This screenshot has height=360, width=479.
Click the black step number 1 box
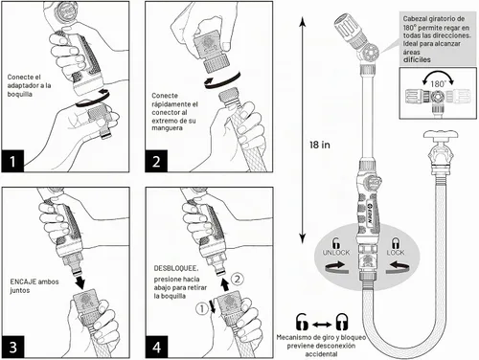[12, 161]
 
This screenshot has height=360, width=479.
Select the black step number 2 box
[156, 161]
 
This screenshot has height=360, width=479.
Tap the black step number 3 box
[13, 347]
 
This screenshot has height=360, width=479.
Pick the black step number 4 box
[156, 347]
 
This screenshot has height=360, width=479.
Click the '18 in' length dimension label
[320, 145]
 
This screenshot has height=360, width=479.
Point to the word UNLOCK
[336, 253]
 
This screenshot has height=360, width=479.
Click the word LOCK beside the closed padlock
[396, 253]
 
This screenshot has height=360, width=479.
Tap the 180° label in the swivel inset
[438, 84]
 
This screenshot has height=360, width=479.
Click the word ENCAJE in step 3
[23, 281]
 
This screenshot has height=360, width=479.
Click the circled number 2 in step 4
[237, 280]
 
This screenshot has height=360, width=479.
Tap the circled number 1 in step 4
[201, 309]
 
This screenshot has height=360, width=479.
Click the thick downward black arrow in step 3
[80, 281]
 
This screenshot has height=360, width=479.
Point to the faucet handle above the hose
[441, 134]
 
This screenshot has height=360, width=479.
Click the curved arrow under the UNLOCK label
[337, 267]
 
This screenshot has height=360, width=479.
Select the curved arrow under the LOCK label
[398, 267]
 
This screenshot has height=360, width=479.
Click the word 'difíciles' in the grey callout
[417, 59]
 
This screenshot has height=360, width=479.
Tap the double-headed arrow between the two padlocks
[322, 325]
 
